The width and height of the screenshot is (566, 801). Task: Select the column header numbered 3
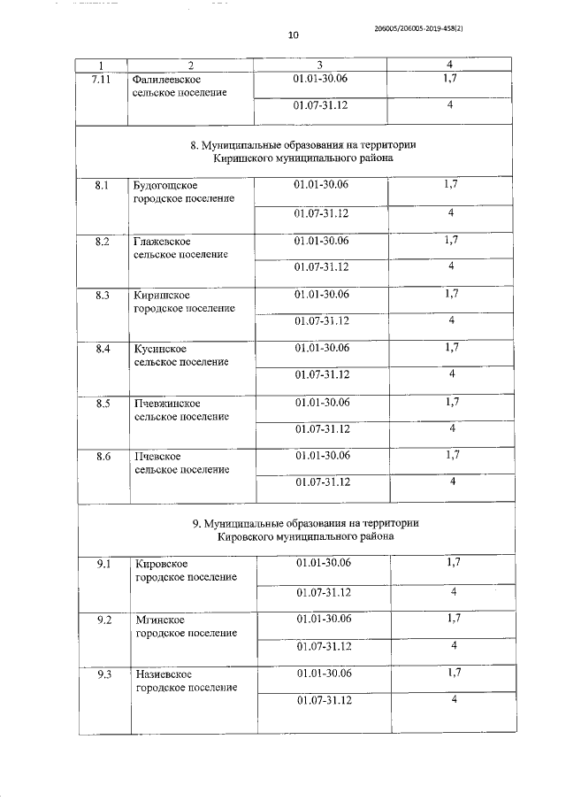coord(319,65)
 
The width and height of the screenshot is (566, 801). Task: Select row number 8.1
coord(103,186)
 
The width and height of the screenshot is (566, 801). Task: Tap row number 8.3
coord(103,295)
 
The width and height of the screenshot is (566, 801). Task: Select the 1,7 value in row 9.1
coord(454,562)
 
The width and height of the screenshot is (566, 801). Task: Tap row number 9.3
coord(104,674)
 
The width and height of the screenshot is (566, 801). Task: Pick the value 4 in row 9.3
coord(453,700)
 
